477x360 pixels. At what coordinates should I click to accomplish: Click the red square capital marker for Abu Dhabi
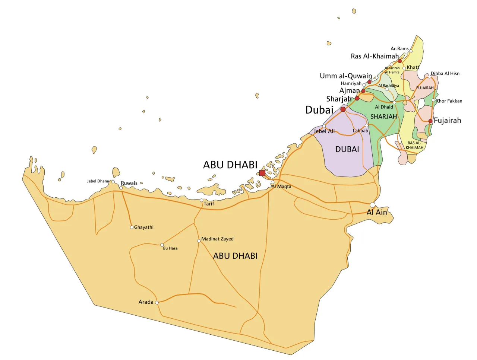point(262,173)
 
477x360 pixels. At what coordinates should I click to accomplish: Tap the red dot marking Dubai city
point(343,109)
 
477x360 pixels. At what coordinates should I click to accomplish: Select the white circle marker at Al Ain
point(372,205)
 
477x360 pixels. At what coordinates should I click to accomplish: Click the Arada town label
point(146,302)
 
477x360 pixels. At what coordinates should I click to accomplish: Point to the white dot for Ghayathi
point(132,227)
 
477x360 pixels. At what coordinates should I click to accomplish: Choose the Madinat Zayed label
point(217,239)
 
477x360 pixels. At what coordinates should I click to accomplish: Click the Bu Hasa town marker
point(162,245)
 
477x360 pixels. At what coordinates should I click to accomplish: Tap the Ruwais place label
point(129,183)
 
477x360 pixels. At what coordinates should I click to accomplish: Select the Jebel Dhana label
point(98,181)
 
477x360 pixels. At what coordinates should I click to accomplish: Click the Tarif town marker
point(202,200)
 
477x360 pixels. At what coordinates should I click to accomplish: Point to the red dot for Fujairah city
point(430,121)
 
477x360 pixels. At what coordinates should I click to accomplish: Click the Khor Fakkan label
point(449,101)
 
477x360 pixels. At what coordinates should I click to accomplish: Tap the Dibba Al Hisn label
point(445,74)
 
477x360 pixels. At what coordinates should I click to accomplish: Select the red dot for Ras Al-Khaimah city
point(399,61)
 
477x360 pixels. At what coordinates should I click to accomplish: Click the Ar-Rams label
point(399,49)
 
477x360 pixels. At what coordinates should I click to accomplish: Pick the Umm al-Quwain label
point(346,76)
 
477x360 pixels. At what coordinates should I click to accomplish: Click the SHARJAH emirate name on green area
point(383,117)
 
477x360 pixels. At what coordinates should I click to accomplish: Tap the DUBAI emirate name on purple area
point(347,149)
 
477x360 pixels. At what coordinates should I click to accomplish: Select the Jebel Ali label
point(324,131)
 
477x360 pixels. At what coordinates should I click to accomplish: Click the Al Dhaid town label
point(384,107)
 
